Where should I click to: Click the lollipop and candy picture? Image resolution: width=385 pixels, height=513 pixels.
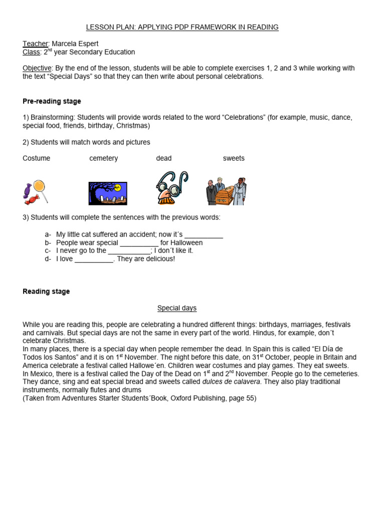tap(36, 192)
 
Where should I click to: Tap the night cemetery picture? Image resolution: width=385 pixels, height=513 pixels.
tap(108, 193)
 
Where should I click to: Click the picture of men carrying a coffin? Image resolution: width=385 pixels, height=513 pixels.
tap(227, 191)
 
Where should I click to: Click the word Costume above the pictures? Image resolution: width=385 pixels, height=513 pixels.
tap(37, 158)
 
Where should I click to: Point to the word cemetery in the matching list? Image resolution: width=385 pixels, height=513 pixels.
tap(104, 158)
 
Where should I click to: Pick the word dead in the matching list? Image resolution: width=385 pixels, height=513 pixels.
tap(164, 158)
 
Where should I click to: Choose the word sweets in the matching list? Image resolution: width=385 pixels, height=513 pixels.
tap(234, 158)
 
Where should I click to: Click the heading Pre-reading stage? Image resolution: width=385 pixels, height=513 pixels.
tap(52, 101)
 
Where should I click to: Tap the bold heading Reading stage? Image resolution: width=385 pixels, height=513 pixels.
tap(46, 292)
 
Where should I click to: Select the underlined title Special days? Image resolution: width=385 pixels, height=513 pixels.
tap(177, 308)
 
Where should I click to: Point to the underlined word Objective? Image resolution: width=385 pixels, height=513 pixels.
tap(37, 68)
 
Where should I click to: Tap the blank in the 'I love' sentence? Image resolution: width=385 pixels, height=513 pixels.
tap(94, 260)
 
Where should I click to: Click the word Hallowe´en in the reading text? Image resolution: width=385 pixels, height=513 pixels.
tap(145, 366)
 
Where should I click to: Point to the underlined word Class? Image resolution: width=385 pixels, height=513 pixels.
tap(31, 52)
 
